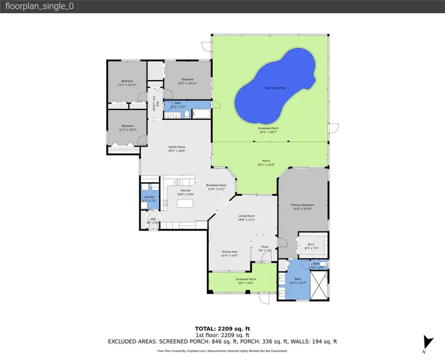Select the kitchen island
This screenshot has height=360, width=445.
click(x=185, y=203)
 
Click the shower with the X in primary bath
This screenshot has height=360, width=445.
click(x=318, y=286)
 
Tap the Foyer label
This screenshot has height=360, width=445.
click(x=265, y=247)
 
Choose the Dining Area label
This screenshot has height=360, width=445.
click(x=230, y=252)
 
